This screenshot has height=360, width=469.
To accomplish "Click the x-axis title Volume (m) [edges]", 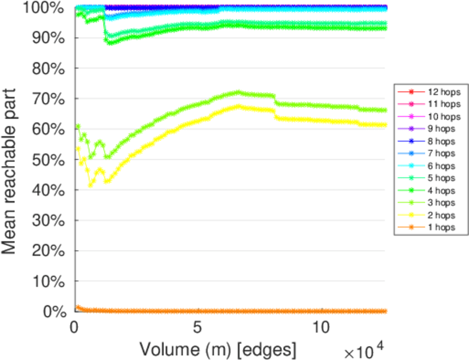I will click(217, 349).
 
